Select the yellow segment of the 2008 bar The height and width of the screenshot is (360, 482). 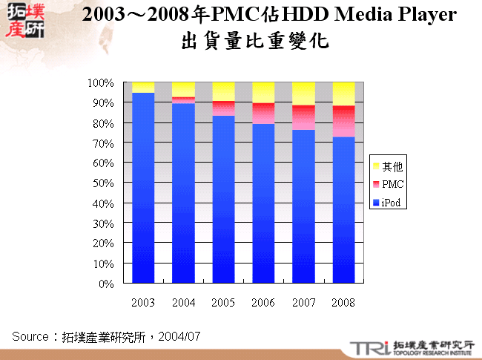[343, 94]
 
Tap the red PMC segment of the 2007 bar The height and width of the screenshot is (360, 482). [303, 117]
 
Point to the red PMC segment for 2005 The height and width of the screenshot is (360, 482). [223, 108]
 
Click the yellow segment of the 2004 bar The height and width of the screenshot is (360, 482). [183, 89]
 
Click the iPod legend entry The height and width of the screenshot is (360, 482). [391, 203]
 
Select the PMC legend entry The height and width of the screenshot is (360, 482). [391, 183]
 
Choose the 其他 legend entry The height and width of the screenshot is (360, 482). [391, 165]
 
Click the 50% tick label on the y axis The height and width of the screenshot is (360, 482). [102, 183]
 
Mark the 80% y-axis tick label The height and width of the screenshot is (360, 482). [102, 122]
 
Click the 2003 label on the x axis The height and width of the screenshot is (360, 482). [143, 302]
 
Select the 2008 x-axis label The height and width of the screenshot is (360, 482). [343, 302]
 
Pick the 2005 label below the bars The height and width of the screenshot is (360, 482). [223, 302]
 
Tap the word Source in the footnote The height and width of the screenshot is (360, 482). [30, 336]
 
